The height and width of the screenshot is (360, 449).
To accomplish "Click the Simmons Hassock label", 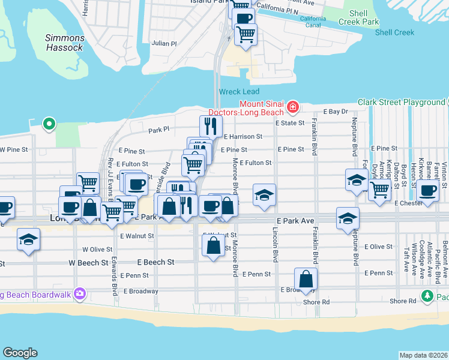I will coord(65,43).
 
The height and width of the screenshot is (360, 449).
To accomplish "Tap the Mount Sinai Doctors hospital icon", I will coord(293,107).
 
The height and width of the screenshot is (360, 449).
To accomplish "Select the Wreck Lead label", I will coord(239,91).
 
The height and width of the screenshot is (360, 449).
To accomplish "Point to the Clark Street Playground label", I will coord(402,102).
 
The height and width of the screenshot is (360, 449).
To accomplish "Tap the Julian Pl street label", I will coord(164,43).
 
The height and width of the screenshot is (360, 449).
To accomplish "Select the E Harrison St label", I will coord(243,137).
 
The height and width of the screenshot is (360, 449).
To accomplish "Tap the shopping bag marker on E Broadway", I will coord(306,278).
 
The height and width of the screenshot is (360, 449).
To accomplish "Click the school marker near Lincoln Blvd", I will coord(264,195).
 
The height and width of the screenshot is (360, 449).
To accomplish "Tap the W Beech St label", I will coord(88,262).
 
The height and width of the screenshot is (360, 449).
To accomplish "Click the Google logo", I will coord(20,353).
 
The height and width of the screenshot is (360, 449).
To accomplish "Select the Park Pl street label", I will coord(159,130).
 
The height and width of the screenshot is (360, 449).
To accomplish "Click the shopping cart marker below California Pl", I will coord(246,34).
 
